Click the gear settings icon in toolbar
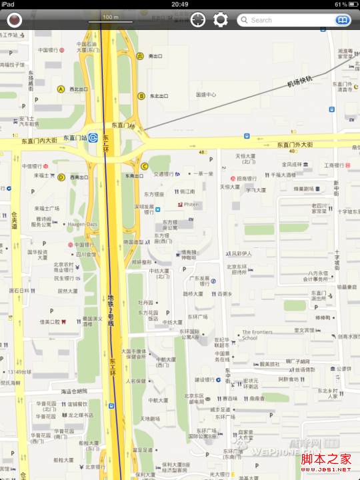[x=221, y=20]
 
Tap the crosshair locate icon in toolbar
[x=197, y=20]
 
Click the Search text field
[x=287, y=20]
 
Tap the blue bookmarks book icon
[x=342, y=20]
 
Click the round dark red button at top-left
[x=14, y=20]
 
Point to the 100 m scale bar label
[x=110, y=17]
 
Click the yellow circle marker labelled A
[x=61, y=89]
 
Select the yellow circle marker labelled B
[x=141, y=96]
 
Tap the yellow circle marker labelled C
[x=144, y=167]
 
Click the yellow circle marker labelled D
[x=61, y=177]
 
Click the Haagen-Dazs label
[x=82, y=225]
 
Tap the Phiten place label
[x=191, y=204]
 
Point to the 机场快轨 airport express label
[x=299, y=81]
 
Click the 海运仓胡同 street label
[x=75, y=391]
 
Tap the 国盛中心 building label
[x=206, y=95]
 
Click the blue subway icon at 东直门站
[x=94, y=138]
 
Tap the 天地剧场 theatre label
[x=150, y=419]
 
